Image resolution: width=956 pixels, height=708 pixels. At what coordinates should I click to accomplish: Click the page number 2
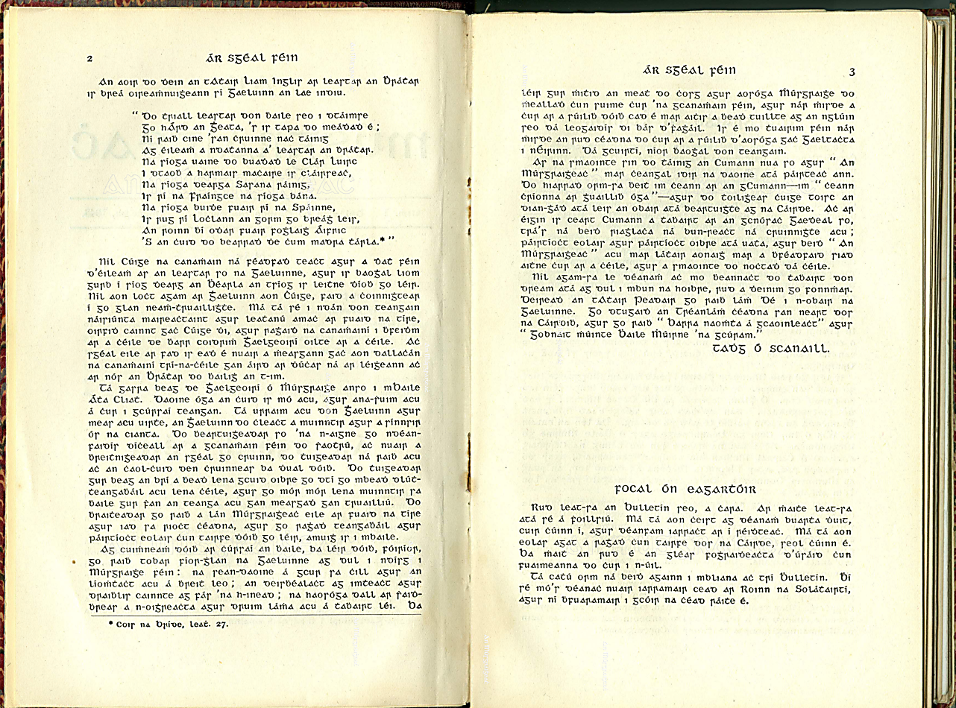click(89, 59)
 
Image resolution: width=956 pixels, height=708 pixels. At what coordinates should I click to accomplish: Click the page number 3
click(852, 72)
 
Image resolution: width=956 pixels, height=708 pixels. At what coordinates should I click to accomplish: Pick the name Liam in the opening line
click(238, 80)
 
